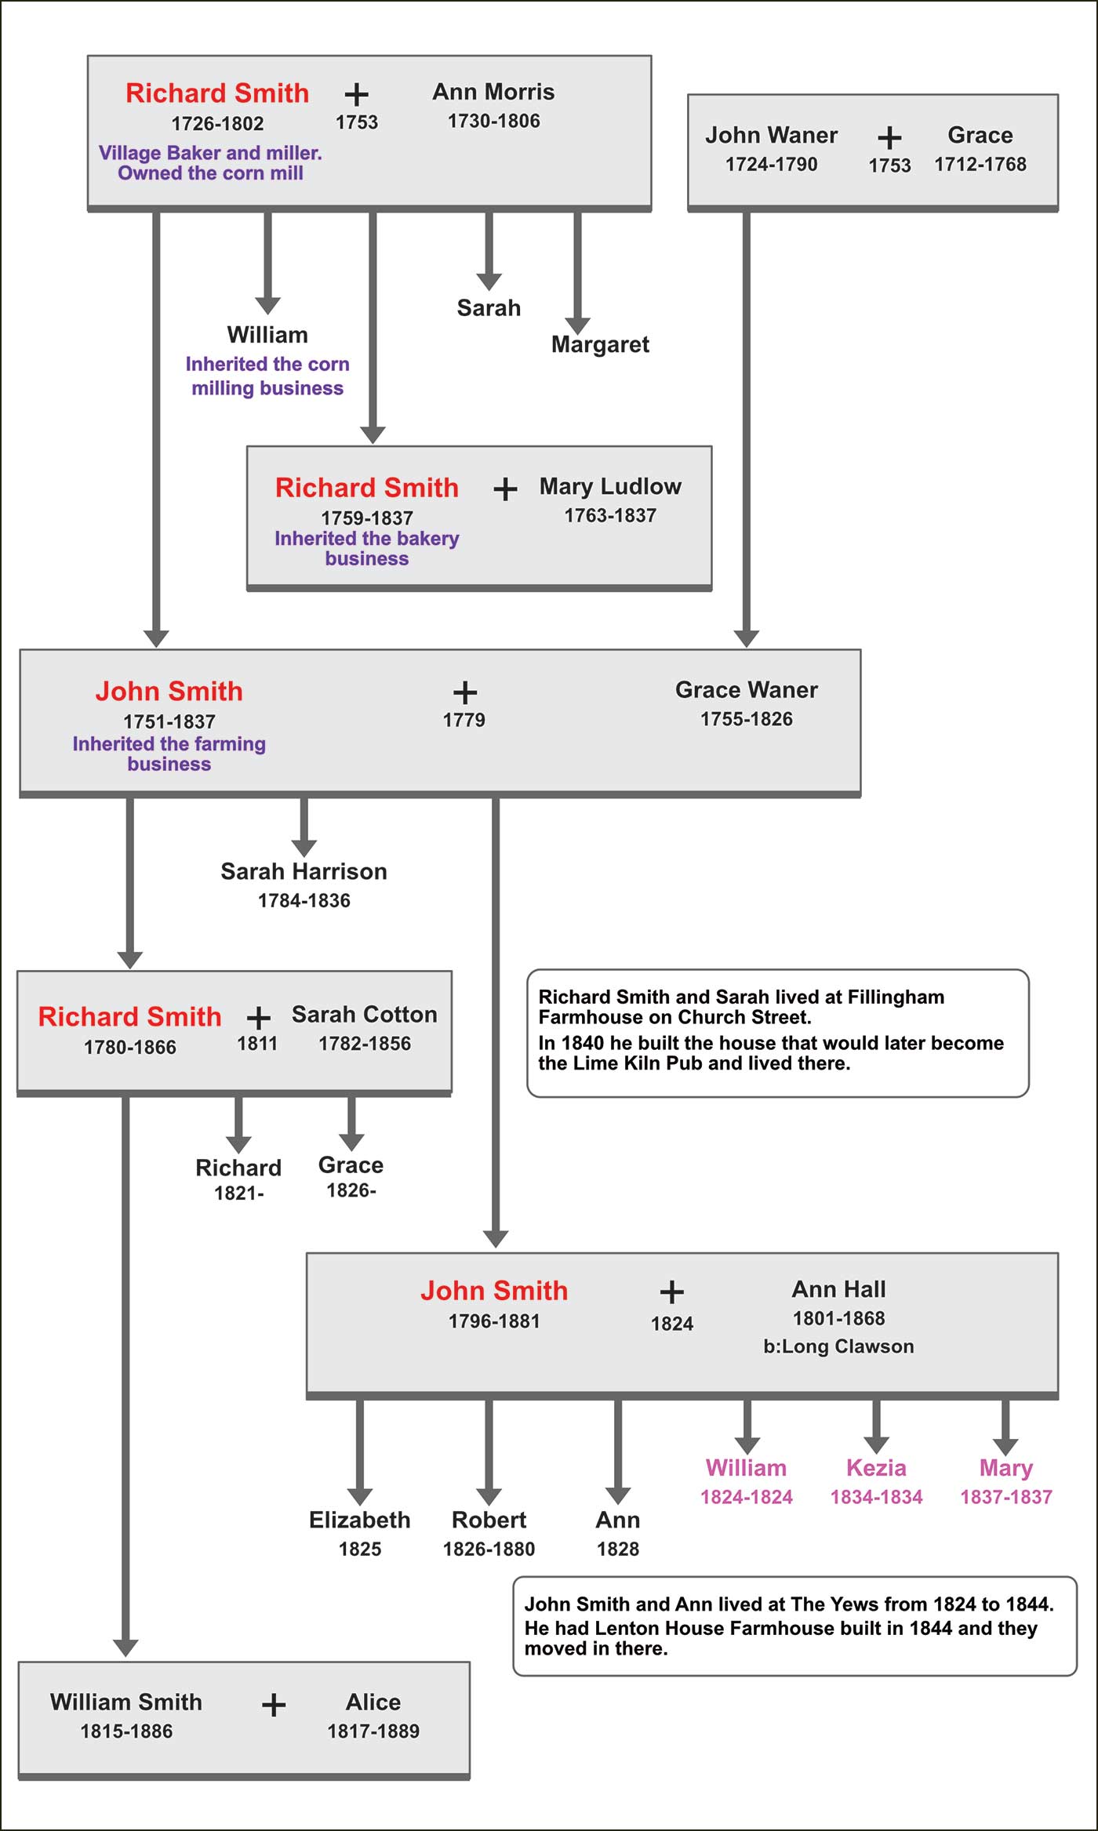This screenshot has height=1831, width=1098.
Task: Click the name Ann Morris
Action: (x=493, y=93)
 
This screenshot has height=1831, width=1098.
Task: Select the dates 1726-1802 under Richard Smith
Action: (x=217, y=124)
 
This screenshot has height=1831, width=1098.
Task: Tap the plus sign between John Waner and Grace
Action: (x=889, y=138)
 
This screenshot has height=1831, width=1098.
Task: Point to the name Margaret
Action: (x=600, y=344)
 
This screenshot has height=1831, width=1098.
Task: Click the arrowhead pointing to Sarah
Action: (x=489, y=282)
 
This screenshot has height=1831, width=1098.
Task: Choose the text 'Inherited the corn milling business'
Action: (x=267, y=376)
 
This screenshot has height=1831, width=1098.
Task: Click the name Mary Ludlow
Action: (x=610, y=487)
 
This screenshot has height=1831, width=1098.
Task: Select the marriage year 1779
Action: (x=464, y=720)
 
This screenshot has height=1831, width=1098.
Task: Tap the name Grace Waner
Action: (x=746, y=690)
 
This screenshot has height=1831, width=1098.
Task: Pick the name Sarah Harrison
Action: (x=304, y=872)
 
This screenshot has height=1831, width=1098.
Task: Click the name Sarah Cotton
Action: (x=364, y=1015)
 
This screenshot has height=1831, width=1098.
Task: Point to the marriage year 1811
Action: (x=257, y=1044)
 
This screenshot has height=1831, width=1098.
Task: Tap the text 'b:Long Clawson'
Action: (x=838, y=1346)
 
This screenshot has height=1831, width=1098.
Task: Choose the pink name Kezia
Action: (x=876, y=1468)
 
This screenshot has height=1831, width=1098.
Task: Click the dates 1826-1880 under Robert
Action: (x=489, y=1549)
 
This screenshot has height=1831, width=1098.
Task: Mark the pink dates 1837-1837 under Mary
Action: (x=1005, y=1497)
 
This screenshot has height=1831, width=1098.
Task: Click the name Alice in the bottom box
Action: (x=373, y=1702)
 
